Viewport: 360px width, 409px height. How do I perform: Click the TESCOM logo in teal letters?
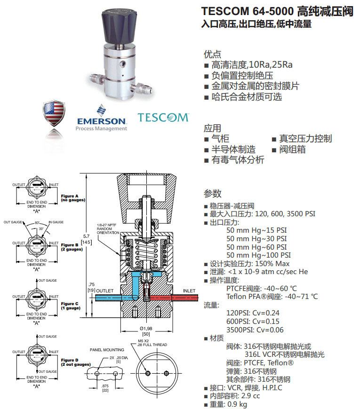[163, 117]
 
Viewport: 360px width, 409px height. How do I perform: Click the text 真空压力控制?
[305, 139]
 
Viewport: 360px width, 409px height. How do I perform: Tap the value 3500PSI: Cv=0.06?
[255, 330]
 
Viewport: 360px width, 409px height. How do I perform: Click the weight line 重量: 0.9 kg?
[228, 404]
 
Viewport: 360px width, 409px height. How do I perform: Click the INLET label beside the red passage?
[189, 291]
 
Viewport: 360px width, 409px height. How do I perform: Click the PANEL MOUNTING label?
[107, 350]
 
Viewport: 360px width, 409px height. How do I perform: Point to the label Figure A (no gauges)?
[70, 198]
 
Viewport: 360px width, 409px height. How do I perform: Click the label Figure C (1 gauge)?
[70, 306]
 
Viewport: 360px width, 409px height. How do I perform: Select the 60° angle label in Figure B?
[37, 222]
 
